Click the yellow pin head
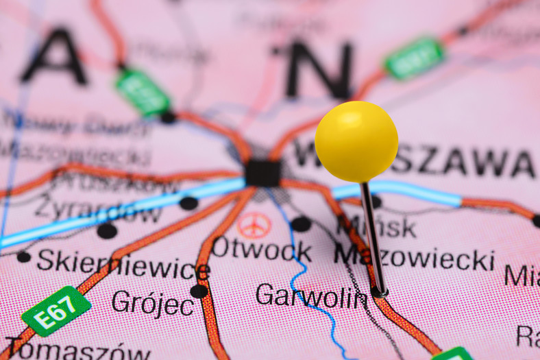point(356,141)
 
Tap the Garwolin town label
point(312,296)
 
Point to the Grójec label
point(152,302)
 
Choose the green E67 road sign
point(56,310)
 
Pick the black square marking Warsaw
point(262,173)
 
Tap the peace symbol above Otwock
point(254,224)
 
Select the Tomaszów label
point(79,350)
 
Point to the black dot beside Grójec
point(199,291)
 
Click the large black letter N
point(319,69)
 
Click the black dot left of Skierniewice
point(24,257)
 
